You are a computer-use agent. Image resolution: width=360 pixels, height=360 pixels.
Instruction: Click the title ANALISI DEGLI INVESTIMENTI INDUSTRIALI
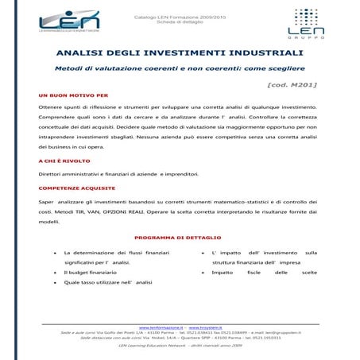click(180, 52)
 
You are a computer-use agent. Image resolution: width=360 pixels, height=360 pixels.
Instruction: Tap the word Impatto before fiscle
click(223, 272)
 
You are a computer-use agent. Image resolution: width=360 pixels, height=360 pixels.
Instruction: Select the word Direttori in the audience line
click(50, 174)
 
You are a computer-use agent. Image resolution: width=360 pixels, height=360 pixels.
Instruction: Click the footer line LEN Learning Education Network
click(180, 346)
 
